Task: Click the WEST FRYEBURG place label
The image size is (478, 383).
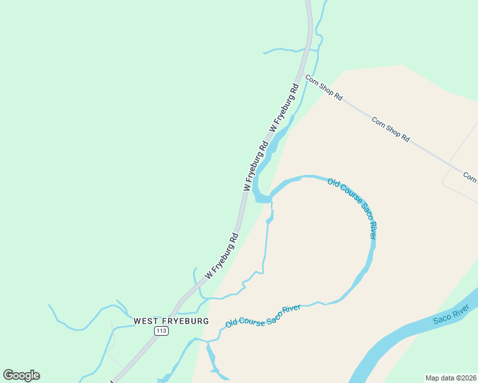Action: (171, 320)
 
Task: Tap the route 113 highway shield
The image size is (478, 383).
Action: (161, 331)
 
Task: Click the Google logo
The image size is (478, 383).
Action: (21, 375)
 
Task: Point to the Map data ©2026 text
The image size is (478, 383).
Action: (451, 378)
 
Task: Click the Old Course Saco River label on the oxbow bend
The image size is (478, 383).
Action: (353, 209)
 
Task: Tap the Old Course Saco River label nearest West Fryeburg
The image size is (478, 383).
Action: (263, 315)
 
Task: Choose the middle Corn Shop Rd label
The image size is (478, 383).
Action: (390, 128)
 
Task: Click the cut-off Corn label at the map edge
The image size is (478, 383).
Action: (470, 177)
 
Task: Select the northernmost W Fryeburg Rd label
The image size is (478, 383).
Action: (284, 108)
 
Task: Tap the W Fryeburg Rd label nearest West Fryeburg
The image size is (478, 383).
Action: (222, 255)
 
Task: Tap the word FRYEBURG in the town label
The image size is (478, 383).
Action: (185, 320)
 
